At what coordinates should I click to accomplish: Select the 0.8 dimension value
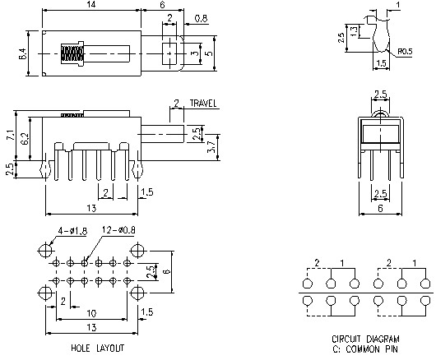coord(201,16)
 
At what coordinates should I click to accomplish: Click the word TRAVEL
coord(204,104)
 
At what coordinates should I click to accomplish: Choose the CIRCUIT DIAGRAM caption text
coord(366,339)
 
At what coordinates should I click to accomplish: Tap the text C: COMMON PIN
coord(366,348)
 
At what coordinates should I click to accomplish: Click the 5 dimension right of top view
coord(209,54)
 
